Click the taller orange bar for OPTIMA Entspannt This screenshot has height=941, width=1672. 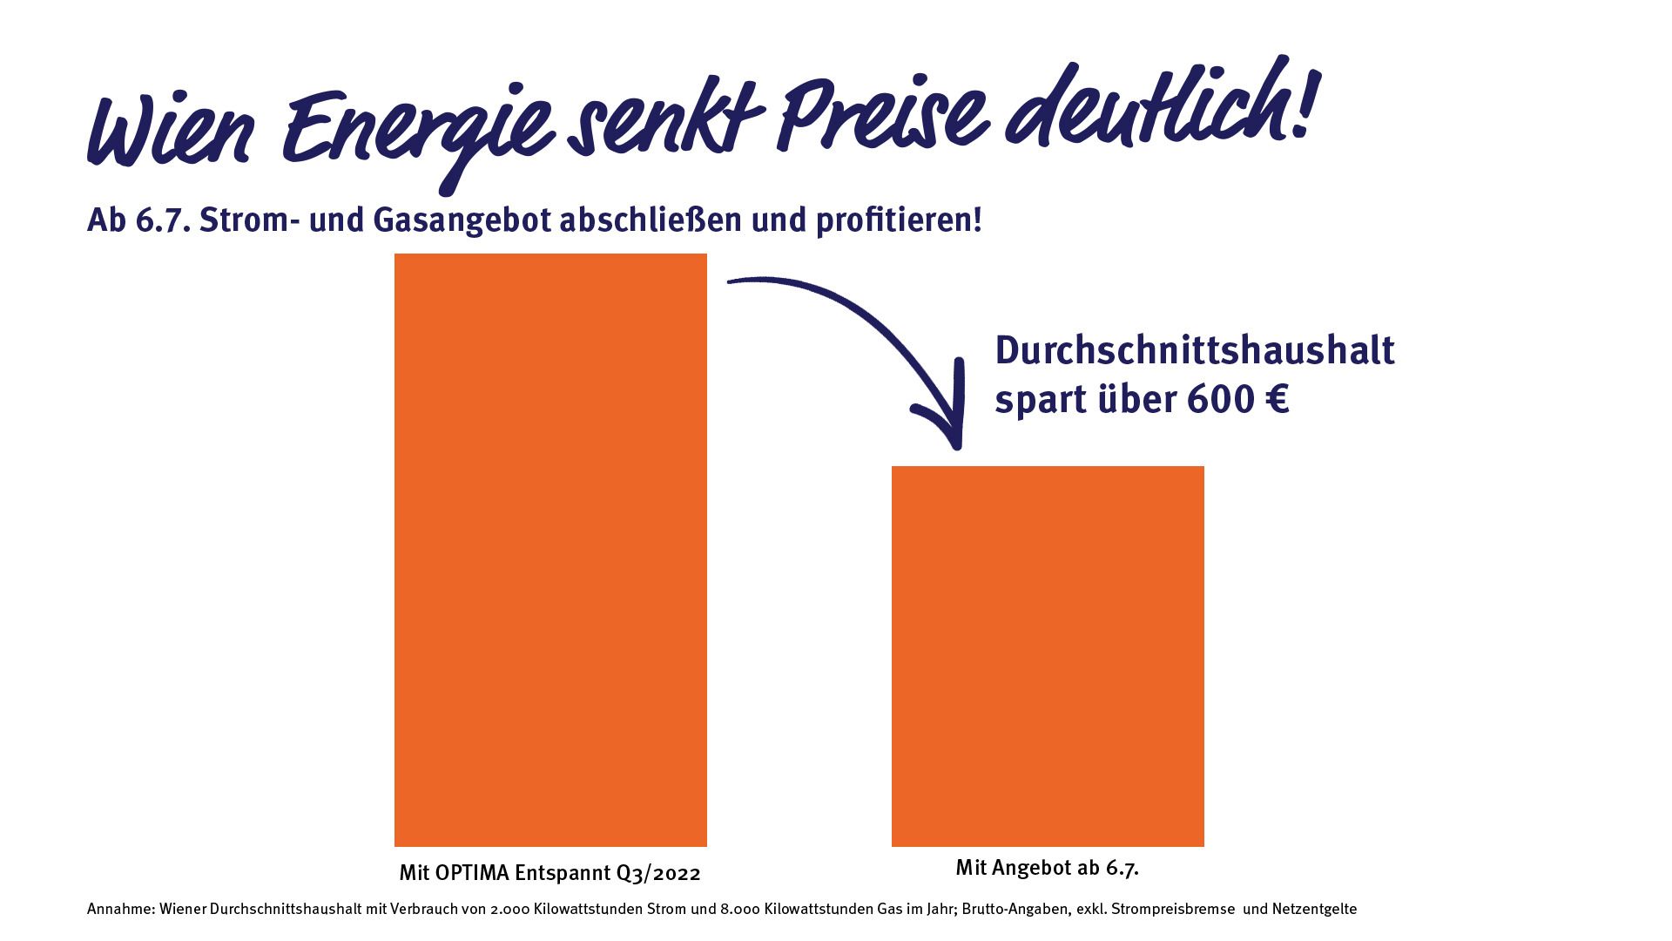coord(550,549)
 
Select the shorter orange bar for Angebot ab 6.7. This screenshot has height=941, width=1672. coord(1048,655)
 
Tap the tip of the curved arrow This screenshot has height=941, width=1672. coord(957,444)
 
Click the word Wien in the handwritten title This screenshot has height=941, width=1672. coord(170,131)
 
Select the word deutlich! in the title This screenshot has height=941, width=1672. coord(1158,105)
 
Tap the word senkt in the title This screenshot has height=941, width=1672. coord(662,122)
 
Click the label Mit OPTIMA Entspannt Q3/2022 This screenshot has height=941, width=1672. coord(549,873)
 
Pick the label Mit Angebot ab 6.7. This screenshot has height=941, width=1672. coord(1047,868)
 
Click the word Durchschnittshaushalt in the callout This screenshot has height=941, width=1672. coord(1194,351)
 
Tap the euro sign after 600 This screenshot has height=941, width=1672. coord(1277,400)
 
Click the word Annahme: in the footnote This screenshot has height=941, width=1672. coord(120,910)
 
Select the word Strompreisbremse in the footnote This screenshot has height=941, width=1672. coord(1172,910)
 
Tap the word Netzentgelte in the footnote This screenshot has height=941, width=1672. coord(1314,910)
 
